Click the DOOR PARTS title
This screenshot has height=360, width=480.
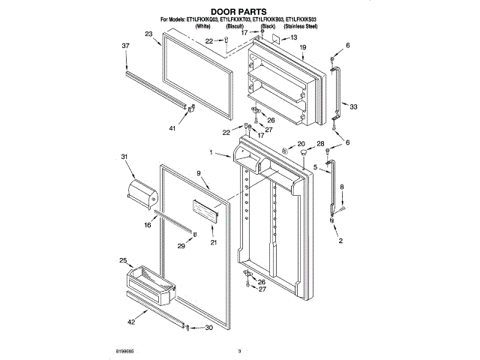coord(238,11)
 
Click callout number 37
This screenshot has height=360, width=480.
coord(125,46)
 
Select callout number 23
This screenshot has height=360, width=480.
coord(148,34)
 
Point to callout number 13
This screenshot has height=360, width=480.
coord(293,37)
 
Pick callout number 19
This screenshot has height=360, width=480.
coord(303,47)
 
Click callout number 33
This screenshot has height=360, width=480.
coord(353,107)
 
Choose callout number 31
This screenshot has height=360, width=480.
coord(124,157)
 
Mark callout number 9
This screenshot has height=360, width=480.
coord(199,173)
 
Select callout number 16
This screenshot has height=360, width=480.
coord(148,224)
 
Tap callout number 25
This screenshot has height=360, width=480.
coord(123,260)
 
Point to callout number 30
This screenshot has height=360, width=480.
coord(208,328)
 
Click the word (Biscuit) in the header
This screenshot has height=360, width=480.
coord(236,25)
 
